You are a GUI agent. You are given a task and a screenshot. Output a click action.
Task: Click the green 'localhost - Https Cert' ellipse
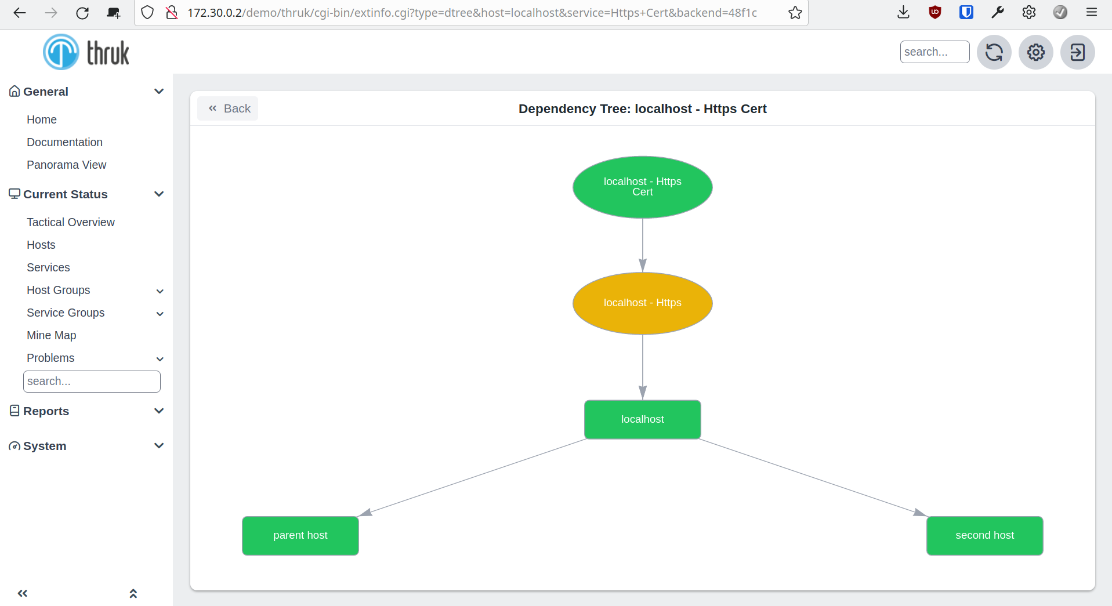(x=642, y=187)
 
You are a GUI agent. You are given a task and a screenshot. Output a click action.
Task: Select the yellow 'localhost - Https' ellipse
(x=642, y=303)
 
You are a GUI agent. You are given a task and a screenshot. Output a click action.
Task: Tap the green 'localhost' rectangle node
(x=642, y=419)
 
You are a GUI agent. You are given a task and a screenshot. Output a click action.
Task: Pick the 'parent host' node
(x=300, y=535)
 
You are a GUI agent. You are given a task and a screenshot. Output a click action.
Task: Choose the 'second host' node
(x=984, y=535)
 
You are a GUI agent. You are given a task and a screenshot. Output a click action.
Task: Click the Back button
(x=228, y=108)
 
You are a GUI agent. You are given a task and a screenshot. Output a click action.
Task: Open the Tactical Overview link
(x=71, y=222)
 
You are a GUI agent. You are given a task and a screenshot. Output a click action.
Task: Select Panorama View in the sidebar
(x=67, y=165)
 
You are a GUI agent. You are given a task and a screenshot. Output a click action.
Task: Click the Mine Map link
(x=52, y=335)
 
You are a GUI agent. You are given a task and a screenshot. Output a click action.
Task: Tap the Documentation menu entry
(x=64, y=142)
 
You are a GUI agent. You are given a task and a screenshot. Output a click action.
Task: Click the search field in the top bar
(x=934, y=52)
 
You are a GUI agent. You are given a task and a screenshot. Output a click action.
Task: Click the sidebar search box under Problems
(x=92, y=381)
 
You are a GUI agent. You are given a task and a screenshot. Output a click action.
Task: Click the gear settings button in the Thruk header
(x=1035, y=52)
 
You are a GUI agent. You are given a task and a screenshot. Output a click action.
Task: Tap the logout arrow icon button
(x=1077, y=52)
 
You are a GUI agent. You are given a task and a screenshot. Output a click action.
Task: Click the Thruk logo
(x=86, y=52)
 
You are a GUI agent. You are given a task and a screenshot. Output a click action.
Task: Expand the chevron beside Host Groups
(x=160, y=291)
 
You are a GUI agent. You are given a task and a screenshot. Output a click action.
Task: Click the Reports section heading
(x=46, y=411)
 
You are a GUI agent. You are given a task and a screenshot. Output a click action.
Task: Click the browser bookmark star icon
(x=795, y=13)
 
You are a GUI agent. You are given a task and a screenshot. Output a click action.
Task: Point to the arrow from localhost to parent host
(x=472, y=477)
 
